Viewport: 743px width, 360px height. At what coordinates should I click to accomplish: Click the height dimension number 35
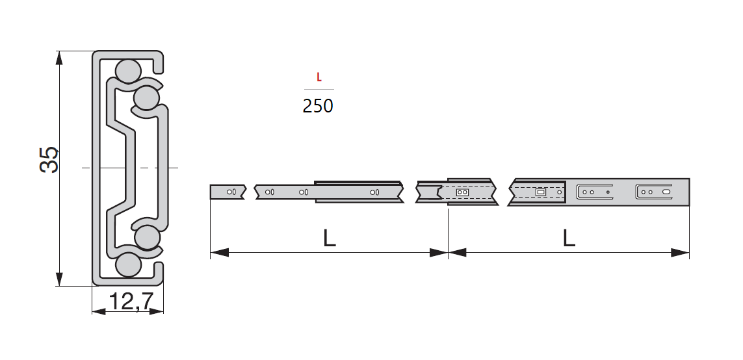pyautogui.click(x=49, y=159)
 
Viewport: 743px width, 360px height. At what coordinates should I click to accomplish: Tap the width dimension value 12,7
pyautogui.click(x=131, y=302)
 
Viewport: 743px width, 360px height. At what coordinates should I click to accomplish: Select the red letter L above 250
pyautogui.click(x=319, y=77)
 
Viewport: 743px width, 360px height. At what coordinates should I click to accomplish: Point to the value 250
pyautogui.click(x=318, y=106)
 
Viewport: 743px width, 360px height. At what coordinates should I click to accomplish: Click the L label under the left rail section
pyautogui.click(x=330, y=238)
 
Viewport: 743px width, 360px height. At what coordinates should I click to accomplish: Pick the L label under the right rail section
pyautogui.click(x=569, y=238)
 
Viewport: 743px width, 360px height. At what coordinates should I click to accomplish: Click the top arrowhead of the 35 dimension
pyautogui.click(x=59, y=57)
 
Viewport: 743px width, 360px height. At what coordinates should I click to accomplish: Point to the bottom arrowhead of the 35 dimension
pyautogui.click(x=59, y=279)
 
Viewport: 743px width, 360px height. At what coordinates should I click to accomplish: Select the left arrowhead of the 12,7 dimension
pyautogui.click(x=99, y=312)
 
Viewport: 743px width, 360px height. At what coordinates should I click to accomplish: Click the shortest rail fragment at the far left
pyautogui.click(x=227, y=192)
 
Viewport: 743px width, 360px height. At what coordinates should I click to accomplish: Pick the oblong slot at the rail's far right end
pyautogui.click(x=666, y=192)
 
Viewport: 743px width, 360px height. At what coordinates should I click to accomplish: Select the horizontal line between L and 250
pyautogui.click(x=319, y=89)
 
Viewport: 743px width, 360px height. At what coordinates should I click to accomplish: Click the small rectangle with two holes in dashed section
pyautogui.click(x=462, y=192)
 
